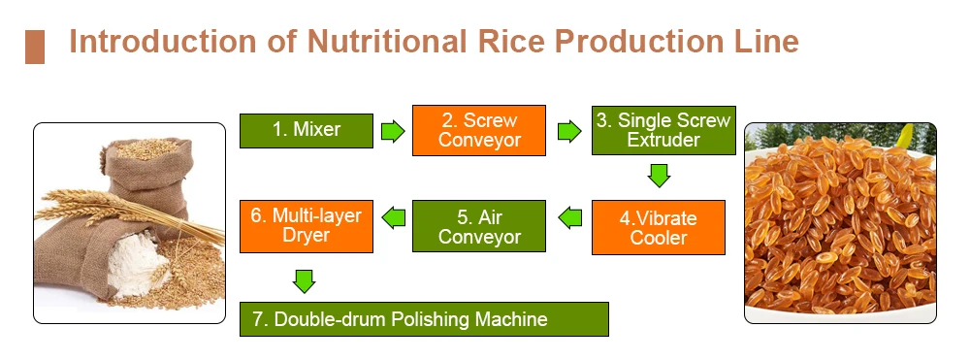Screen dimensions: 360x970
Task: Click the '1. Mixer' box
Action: pyautogui.click(x=306, y=130)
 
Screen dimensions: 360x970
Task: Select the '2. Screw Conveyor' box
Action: pyautogui.click(x=479, y=130)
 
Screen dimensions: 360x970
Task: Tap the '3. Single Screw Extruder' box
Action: pyautogui.click(x=663, y=130)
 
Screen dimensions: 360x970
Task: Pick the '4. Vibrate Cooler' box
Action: pyautogui.click(x=659, y=227)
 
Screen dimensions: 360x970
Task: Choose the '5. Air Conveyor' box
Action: pyautogui.click(x=479, y=226)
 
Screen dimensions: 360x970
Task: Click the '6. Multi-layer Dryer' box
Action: pyautogui.click(x=306, y=225)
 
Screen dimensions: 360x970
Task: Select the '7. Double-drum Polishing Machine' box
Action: pyautogui.click(x=424, y=319)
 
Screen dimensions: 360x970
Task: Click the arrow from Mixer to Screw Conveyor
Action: pyautogui.click(x=392, y=131)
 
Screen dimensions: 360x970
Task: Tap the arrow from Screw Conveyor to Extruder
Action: pyautogui.click(x=566, y=131)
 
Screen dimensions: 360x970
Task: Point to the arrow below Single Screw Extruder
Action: pyautogui.click(x=660, y=176)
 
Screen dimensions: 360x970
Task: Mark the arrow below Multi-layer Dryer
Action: pyautogui.click(x=305, y=281)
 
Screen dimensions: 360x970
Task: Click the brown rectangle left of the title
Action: pyautogui.click(x=35, y=47)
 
